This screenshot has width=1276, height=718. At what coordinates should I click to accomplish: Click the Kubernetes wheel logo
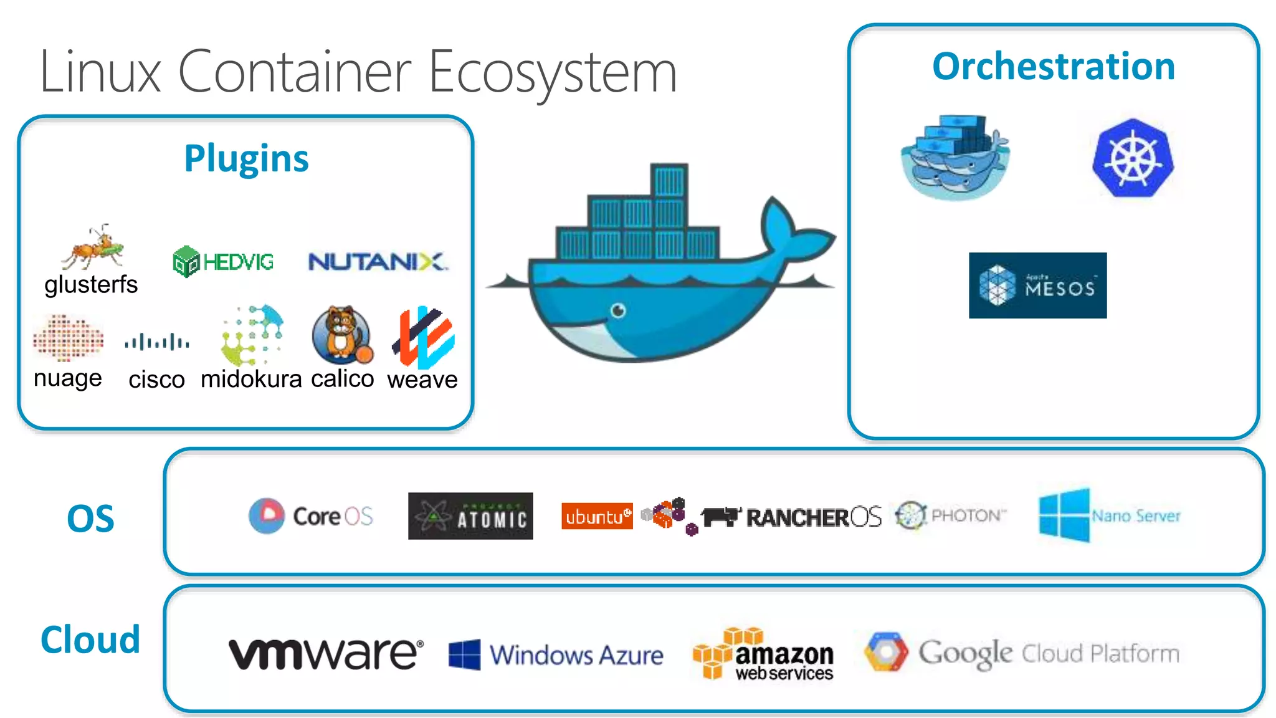click(x=1133, y=158)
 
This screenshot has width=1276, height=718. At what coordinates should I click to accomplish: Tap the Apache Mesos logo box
click(x=1037, y=285)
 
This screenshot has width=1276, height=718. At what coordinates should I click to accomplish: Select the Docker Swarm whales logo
click(x=955, y=157)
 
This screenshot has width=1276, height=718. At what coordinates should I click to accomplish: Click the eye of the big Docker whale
click(x=618, y=310)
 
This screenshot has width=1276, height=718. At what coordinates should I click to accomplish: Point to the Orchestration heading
click(x=1053, y=67)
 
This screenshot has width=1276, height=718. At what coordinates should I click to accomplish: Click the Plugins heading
click(x=246, y=158)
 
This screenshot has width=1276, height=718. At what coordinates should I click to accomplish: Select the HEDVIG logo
click(x=223, y=262)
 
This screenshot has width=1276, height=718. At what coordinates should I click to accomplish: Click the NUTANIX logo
click(x=378, y=262)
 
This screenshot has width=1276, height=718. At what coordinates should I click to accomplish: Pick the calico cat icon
click(x=342, y=335)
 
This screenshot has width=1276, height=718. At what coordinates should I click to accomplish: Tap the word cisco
click(x=156, y=380)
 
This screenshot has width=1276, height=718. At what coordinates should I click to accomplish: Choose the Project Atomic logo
click(x=470, y=516)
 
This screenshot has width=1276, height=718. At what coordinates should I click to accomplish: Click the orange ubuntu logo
click(x=596, y=516)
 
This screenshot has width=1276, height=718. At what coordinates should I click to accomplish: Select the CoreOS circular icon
click(x=267, y=515)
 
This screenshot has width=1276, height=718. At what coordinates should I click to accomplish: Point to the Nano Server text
click(x=1136, y=516)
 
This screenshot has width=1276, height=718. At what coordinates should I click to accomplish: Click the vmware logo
click(x=326, y=654)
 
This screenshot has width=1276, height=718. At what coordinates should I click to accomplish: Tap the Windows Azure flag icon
click(x=465, y=654)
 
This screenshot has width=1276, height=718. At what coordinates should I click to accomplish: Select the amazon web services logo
click(x=763, y=654)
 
